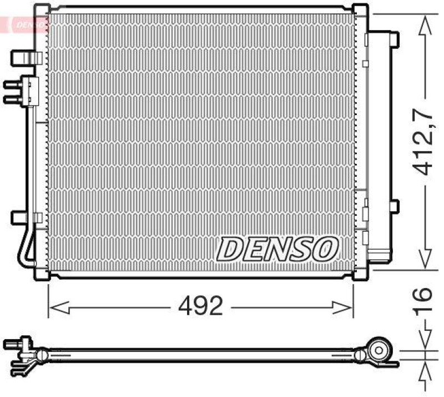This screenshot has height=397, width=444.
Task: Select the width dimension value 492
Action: coord(200,305)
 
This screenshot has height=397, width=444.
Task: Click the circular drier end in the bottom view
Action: coord(380,351)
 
